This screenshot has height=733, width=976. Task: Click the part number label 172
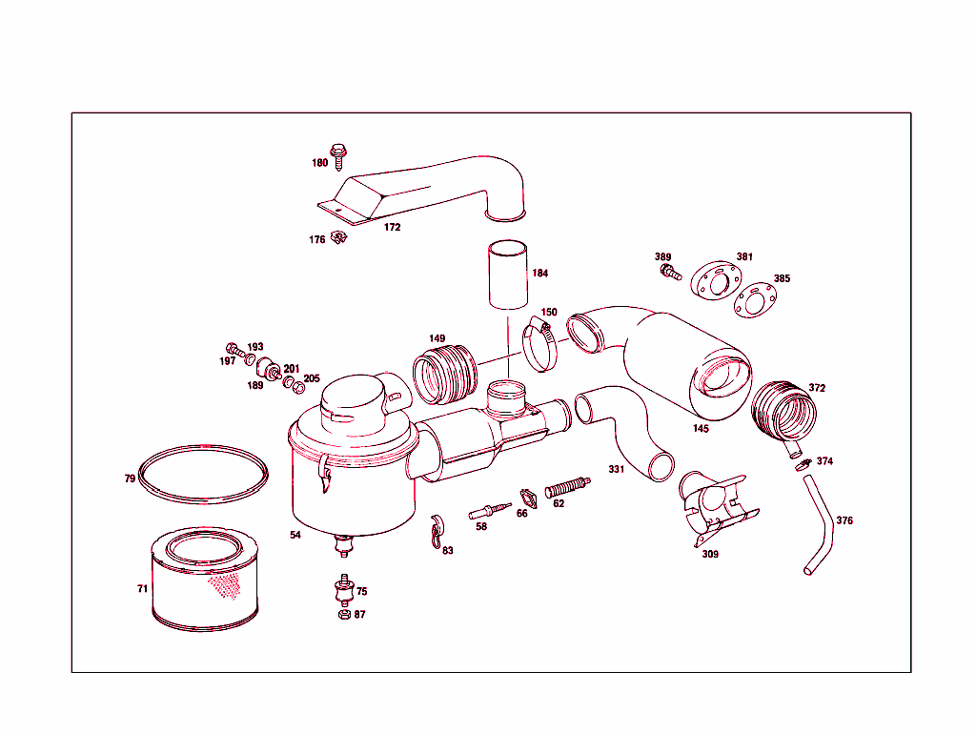(x=392, y=227)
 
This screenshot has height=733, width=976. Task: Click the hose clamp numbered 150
(x=539, y=344)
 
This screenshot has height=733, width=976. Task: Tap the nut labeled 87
(x=344, y=614)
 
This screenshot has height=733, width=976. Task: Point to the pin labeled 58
(x=489, y=510)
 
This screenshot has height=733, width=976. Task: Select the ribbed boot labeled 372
(x=785, y=410)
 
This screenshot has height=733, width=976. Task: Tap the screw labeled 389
(x=671, y=273)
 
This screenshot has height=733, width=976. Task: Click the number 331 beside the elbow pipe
(x=617, y=469)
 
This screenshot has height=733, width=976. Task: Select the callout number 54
(x=295, y=535)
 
